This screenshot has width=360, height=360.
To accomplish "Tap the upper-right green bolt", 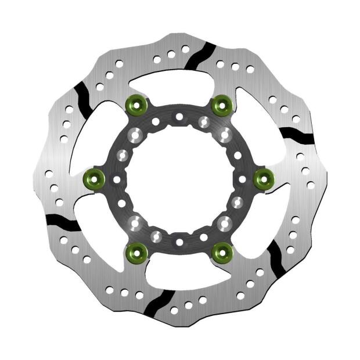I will click(x=221, y=105).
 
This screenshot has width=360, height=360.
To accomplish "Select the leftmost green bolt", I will click(x=95, y=178).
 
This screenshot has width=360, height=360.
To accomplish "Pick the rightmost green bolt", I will click(x=264, y=178).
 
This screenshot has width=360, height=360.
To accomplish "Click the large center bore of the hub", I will click(x=179, y=178).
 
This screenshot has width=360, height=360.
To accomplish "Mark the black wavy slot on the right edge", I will click(x=297, y=135).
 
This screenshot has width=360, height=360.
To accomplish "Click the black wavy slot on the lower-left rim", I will click(x=63, y=221).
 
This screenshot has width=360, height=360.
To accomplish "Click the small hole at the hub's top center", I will click(x=179, y=117).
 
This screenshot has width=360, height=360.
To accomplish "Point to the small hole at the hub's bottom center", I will click(x=179, y=242).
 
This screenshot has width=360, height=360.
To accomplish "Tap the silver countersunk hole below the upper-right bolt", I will click(x=225, y=135).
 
